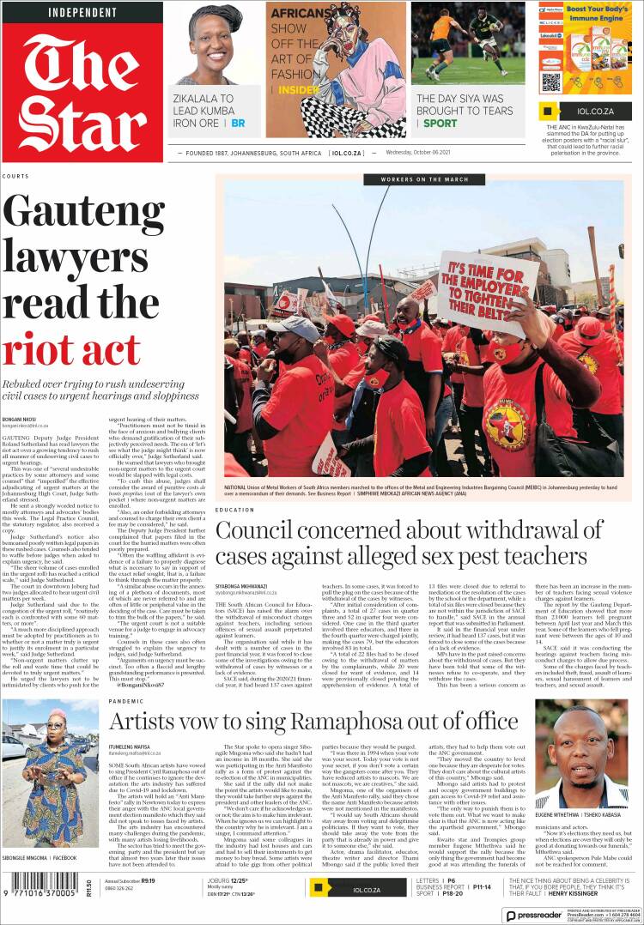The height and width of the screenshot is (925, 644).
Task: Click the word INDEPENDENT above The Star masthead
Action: pos(82,13)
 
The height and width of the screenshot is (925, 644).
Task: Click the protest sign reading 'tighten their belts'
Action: pos(487,293)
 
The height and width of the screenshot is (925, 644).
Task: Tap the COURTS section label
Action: pos(15,176)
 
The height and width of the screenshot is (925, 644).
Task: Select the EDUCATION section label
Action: pos(234,510)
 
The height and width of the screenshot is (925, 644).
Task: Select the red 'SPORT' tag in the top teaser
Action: pos(440,123)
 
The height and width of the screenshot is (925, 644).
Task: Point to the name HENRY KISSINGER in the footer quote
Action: pos(571,892)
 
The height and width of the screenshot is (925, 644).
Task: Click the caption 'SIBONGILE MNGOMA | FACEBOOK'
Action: pos(39,857)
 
